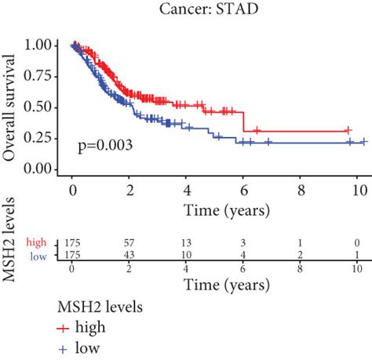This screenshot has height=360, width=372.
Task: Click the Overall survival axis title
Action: click(11, 107)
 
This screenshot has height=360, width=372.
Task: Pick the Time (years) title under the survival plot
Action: click(217, 209)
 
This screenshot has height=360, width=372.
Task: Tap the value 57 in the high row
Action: click(129, 242)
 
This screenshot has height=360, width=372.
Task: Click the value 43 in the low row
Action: click(129, 256)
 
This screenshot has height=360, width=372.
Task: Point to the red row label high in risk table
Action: click(37, 242)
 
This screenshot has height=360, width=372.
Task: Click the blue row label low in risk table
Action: click(38, 256)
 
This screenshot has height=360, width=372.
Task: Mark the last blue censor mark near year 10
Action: click(363, 142)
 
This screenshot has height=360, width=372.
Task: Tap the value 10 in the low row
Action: click(187, 256)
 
